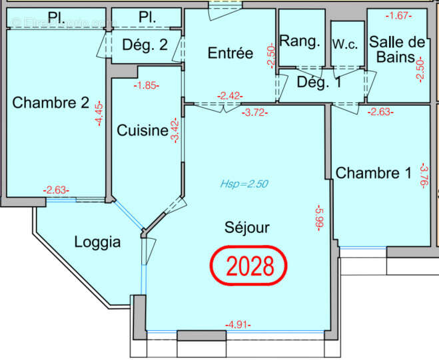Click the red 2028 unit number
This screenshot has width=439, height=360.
tap(250, 266)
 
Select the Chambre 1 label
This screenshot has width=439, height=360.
tap(374, 174)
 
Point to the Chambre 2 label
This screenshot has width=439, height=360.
tap(51, 103)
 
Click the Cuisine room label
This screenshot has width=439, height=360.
tap(142, 130)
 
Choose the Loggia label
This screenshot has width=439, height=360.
tap(97, 242)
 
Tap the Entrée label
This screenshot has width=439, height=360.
tap(230, 53)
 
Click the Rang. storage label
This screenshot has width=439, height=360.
tap(300, 41)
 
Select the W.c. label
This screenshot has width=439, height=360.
tap(346, 43)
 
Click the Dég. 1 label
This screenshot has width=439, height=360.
tap(319, 83)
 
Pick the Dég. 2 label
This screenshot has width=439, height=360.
tap(144, 45)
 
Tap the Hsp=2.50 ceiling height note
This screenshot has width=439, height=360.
tap(244, 185)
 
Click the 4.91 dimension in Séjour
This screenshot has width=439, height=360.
tap(238, 325)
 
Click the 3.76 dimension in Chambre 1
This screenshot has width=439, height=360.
tap(423, 176)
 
